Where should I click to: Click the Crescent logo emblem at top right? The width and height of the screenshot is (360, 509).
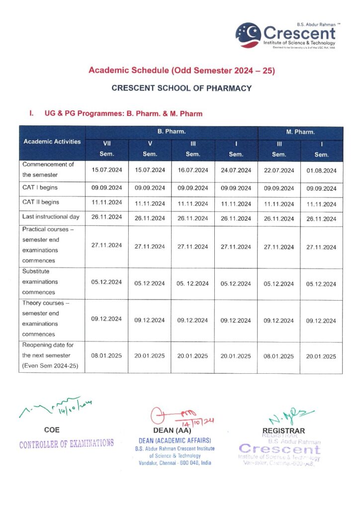pyautogui.click(x=248, y=35)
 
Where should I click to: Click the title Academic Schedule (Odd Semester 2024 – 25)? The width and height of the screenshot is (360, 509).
pyautogui.click(x=181, y=71)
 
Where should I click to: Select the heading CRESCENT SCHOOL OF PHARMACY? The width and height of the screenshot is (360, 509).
pyautogui.click(x=181, y=88)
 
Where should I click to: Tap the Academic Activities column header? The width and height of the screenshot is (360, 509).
pyautogui.click(x=52, y=142)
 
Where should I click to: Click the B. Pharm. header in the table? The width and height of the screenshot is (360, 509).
pyautogui.click(x=172, y=132)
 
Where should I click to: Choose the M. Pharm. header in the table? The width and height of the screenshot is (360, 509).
pyautogui.click(x=300, y=132)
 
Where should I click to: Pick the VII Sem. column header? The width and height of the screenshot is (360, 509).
pyautogui.click(x=106, y=149)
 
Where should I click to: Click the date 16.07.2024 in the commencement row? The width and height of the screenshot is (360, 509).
pyautogui.click(x=193, y=170)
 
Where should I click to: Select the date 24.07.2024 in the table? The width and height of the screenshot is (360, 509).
pyautogui.click(x=236, y=170)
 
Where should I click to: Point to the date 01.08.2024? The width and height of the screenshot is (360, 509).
pyautogui.click(x=322, y=170)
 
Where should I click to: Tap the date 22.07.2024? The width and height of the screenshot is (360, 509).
pyautogui.click(x=279, y=170)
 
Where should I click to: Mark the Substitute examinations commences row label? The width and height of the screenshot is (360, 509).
pyautogui.click(x=40, y=282)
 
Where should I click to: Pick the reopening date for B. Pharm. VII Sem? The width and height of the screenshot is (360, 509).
pyautogui.click(x=106, y=356)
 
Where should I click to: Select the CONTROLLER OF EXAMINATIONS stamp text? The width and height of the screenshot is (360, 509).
pyautogui.click(x=66, y=443)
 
